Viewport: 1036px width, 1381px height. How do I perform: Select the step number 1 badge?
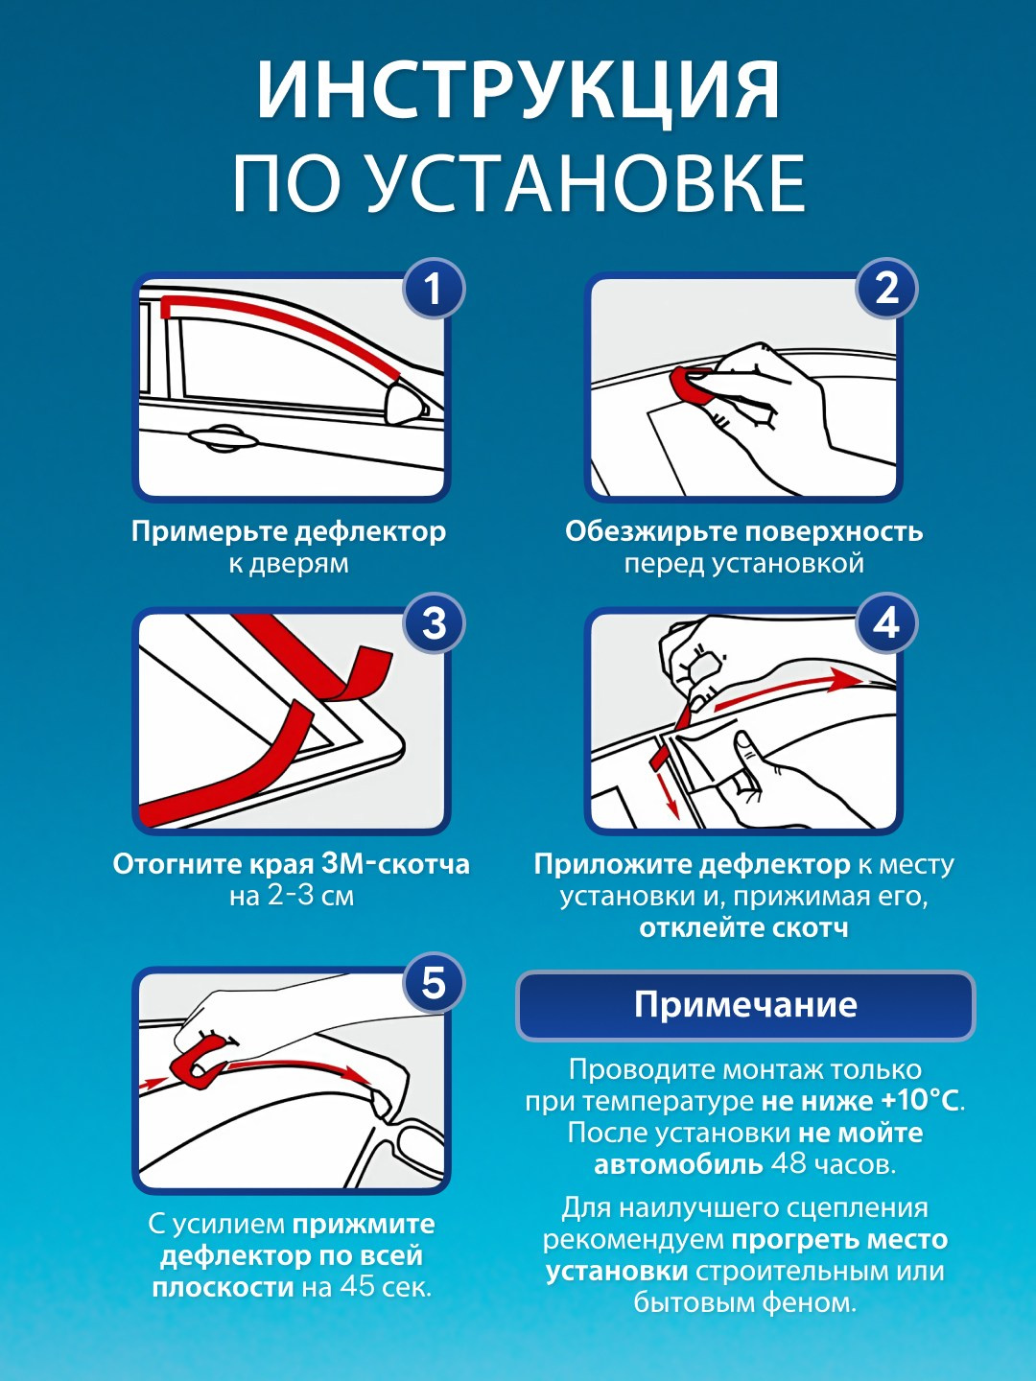[x=434, y=290]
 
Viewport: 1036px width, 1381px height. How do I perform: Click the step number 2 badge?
[x=886, y=290]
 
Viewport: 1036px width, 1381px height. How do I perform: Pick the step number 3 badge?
[x=434, y=624]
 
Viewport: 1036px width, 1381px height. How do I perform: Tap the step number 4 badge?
[x=886, y=624]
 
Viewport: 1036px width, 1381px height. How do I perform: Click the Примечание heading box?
[x=745, y=1005]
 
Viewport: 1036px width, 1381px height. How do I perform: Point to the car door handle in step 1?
[x=222, y=438]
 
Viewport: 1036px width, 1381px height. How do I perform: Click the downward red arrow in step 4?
[x=668, y=787]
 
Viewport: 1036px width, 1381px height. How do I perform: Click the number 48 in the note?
[x=788, y=1163]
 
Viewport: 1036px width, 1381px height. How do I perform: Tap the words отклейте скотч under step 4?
[x=743, y=927]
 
